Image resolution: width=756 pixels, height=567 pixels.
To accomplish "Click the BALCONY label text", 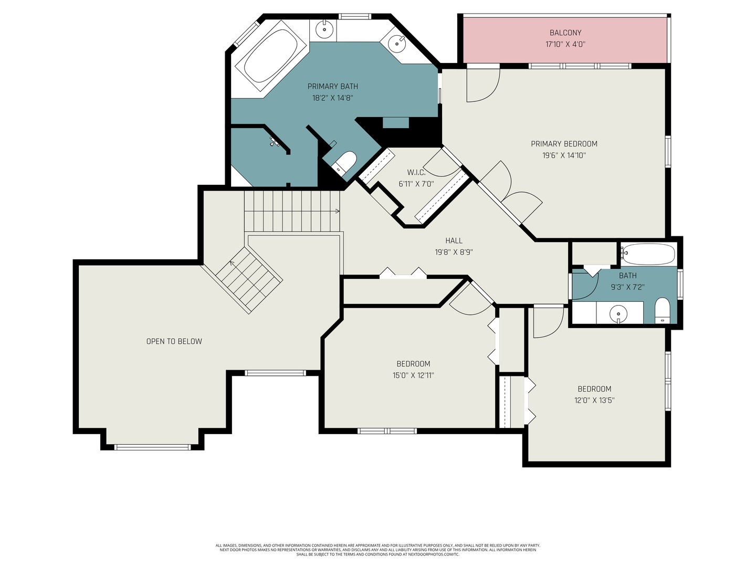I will click(565, 33).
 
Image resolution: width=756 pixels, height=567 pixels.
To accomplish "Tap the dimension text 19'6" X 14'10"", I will click(564, 155).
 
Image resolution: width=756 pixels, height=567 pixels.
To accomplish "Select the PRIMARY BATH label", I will click(332, 86).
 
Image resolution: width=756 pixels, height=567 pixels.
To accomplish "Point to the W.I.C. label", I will click(416, 172).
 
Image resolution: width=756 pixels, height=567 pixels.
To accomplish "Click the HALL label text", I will click(454, 240).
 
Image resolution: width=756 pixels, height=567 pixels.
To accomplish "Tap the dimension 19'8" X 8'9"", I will click(454, 252).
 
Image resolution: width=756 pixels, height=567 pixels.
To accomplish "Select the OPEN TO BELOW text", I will click(174, 341).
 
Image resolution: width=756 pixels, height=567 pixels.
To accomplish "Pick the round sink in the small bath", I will click(618, 314).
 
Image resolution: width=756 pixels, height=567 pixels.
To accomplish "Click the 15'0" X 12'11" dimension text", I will click(413, 375).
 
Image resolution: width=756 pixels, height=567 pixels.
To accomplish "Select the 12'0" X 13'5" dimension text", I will click(594, 400).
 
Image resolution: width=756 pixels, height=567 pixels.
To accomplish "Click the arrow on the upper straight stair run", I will click(336, 211).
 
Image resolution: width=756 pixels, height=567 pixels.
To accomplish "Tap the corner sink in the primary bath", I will click(397, 41).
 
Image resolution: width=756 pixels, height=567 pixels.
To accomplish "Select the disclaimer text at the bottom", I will click(377, 550).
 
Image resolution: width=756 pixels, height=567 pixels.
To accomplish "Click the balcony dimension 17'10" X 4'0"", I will click(565, 45).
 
